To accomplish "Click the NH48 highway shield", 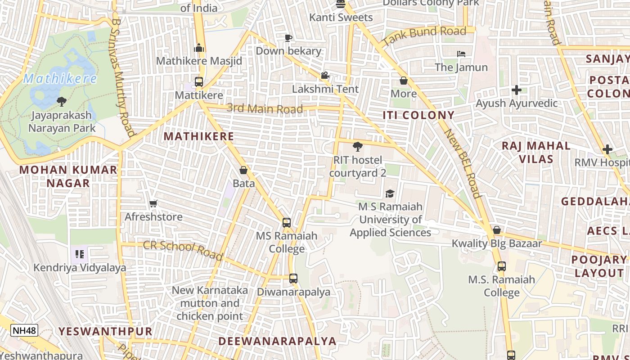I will point(24,330).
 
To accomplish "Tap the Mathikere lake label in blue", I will point(60,79).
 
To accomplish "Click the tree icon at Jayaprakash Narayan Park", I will point(62,102).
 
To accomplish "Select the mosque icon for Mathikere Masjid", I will point(199,48).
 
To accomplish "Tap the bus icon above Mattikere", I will point(199,82).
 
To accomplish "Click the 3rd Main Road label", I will point(265,108).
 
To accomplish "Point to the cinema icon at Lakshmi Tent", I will point(325,76).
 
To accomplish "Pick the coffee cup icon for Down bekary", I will point(288,38).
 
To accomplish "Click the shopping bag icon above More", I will point(404,81).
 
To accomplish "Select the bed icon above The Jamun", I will point(461,54).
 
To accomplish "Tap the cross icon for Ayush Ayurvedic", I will point(517,90).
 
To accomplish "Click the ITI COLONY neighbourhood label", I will point(418,115).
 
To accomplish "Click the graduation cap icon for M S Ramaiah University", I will point(390,193).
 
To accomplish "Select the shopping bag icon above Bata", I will point(243,171).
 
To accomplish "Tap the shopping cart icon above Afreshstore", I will point(153,204).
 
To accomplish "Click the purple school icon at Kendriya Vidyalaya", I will point(80,254).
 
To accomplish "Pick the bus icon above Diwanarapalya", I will point(293,279).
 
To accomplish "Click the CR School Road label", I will point(183,250).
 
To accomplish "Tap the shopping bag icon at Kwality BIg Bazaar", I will point(497,230).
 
